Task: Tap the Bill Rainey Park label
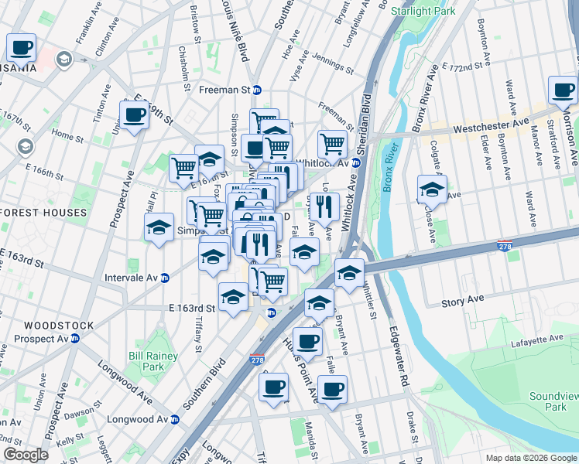(x=153, y=361)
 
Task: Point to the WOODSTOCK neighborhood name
(x=58, y=326)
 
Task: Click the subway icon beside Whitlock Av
(x=355, y=162)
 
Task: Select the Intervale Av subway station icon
(x=164, y=278)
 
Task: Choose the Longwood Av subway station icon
(x=175, y=419)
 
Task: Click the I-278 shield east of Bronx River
(x=503, y=245)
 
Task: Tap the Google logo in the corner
(x=26, y=455)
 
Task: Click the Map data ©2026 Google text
(x=530, y=458)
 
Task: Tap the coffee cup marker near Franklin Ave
(x=22, y=48)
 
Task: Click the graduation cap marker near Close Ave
(x=432, y=189)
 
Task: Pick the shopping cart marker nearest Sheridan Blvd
(x=332, y=142)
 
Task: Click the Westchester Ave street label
(x=491, y=125)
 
